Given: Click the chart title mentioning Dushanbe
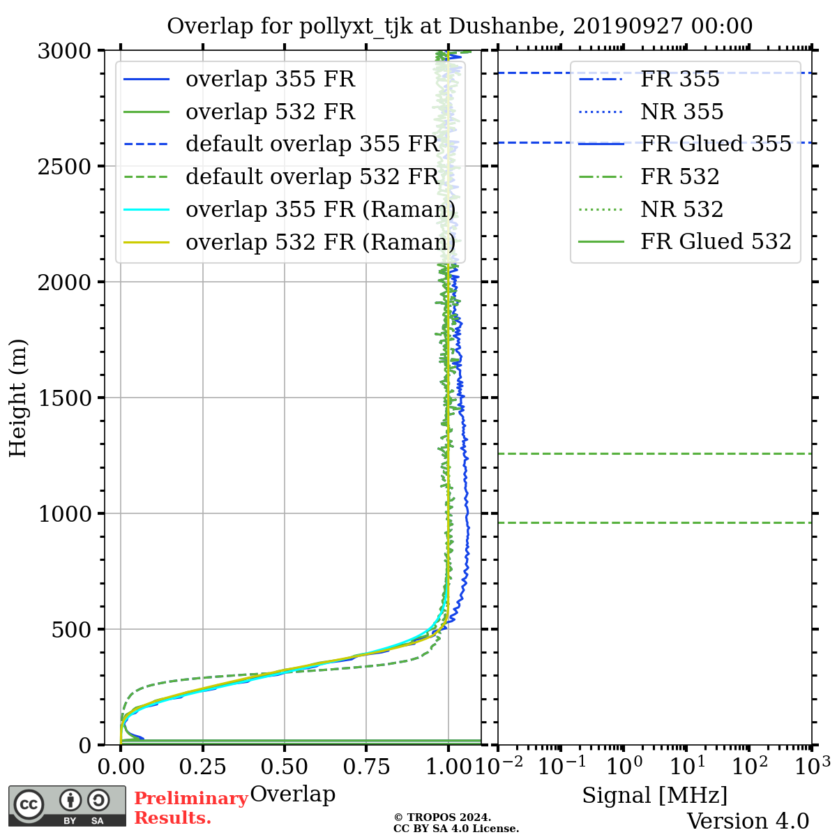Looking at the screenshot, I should tap(460, 26).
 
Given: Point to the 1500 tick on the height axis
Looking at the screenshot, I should tap(66, 398).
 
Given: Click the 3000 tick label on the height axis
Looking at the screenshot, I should tap(66, 51).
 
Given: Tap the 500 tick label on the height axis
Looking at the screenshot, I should tap(73, 629).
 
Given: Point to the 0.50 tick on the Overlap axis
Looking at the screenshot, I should tap(285, 767).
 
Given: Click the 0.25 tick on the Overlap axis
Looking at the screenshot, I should tap(203, 767).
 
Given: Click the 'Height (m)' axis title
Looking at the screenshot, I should tap(18, 398).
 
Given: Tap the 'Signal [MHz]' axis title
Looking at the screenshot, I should tap(654, 795).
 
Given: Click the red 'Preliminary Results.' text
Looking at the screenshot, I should tap(190, 808).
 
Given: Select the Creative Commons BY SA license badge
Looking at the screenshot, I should tap(67, 806).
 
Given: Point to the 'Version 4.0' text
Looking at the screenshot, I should tap(748, 821).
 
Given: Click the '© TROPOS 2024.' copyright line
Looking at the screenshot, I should tap(442, 817).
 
